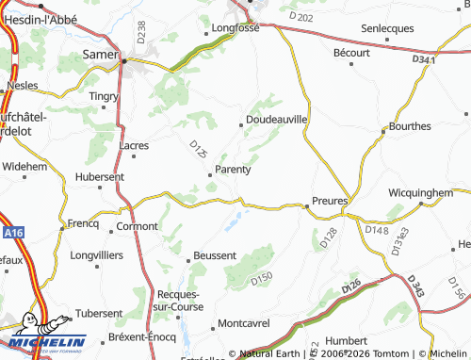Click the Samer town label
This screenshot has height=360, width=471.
(102, 55)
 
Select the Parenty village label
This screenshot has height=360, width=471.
(233, 170)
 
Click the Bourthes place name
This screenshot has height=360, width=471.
(410, 125)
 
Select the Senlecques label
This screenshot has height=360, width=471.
(387, 28)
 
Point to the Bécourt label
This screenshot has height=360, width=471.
(351, 53)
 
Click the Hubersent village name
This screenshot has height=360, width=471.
(99, 176)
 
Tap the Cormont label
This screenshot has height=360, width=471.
(137, 227)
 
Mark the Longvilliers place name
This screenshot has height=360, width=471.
(97, 254)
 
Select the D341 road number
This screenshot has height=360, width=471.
(425, 59)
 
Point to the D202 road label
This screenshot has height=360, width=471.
(301, 17)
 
